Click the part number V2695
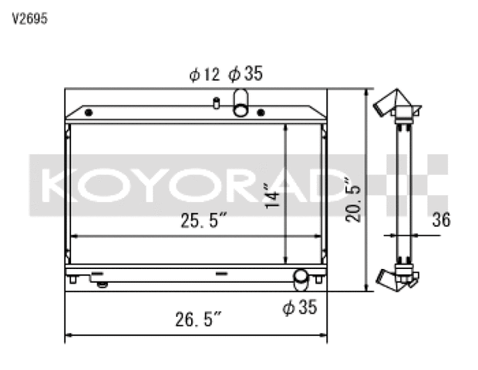[x=29, y=19]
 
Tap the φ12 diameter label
[x=204, y=74]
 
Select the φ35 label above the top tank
[x=245, y=73]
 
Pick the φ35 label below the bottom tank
[x=300, y=307]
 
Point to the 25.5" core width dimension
[x=204, y=220]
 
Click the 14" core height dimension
[x=271, y=196]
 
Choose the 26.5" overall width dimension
[x=198, y=319]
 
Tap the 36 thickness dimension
[x=441, y=220]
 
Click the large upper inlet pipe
[x=241, y=103]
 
